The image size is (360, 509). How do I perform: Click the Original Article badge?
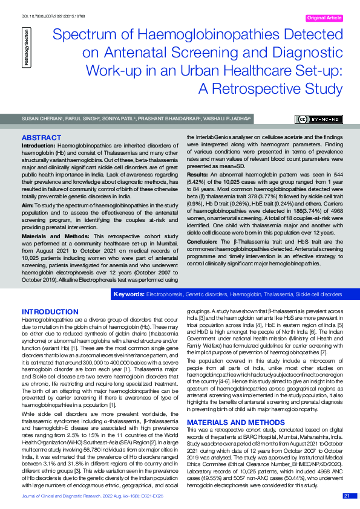click(325, 19)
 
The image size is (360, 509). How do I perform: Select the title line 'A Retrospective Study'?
click(270, 89)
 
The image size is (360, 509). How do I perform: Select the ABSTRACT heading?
click(41, 138)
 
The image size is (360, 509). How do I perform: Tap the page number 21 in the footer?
click(347, 496)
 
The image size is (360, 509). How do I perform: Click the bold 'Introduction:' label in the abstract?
click(39, 146)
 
